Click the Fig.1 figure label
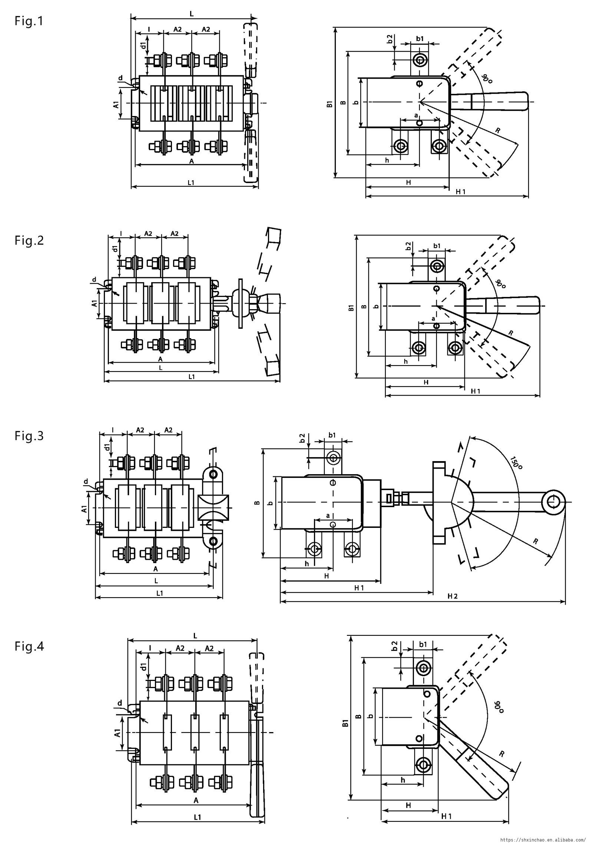coord(29,21)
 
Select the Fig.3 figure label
coord(29,436)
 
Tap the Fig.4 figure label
coord(29,646)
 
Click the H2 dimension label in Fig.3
coord(453,596)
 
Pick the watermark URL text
coord(543,837)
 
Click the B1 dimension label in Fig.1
coord(329,104)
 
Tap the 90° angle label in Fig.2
coord(500,284)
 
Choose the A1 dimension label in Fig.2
coord(95,303)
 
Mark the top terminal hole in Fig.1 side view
coord(420,59)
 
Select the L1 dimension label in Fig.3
coord(159,593)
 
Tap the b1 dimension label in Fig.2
coord(437,246)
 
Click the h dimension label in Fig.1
coord(387,160)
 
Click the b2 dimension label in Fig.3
coord(302,438)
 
